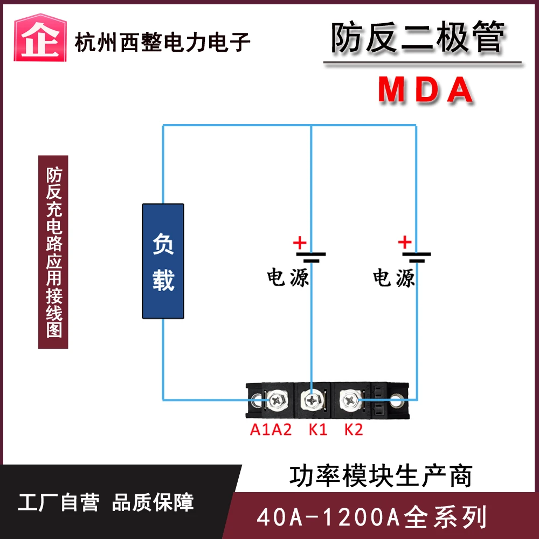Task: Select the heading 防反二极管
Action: (x=418, y=38)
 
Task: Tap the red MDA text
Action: (x=425, y=90)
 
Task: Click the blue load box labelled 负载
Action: (x=163, y=261)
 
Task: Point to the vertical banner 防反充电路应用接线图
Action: (x=53, y=252)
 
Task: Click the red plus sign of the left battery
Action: (x=300, y=243)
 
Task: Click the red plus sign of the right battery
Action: (x=405, y=243)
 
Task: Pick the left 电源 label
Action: (x=288, y=278)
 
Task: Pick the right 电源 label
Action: (x=394, y=278)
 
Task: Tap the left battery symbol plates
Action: (x=312, y=255)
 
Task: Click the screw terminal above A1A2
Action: (x=277, y=400)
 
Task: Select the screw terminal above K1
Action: (x=312, y=400)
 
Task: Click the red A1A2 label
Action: (x=271, y=430)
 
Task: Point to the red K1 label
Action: (x=317, y=430)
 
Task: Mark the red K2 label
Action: (x=354, y=430)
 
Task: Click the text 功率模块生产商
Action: (x=381, y=476)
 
